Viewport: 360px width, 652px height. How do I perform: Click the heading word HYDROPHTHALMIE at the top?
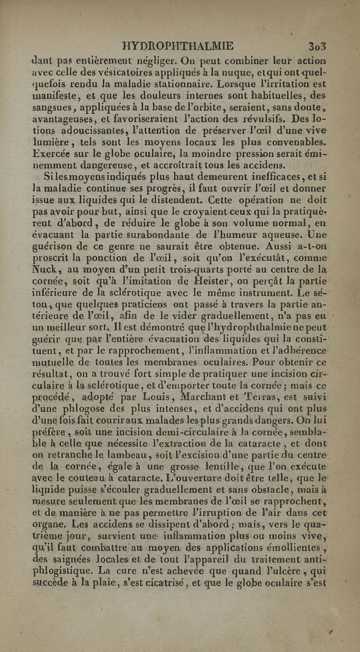[x=178, y=46]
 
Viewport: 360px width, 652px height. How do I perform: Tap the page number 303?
[x=317, y=46]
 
